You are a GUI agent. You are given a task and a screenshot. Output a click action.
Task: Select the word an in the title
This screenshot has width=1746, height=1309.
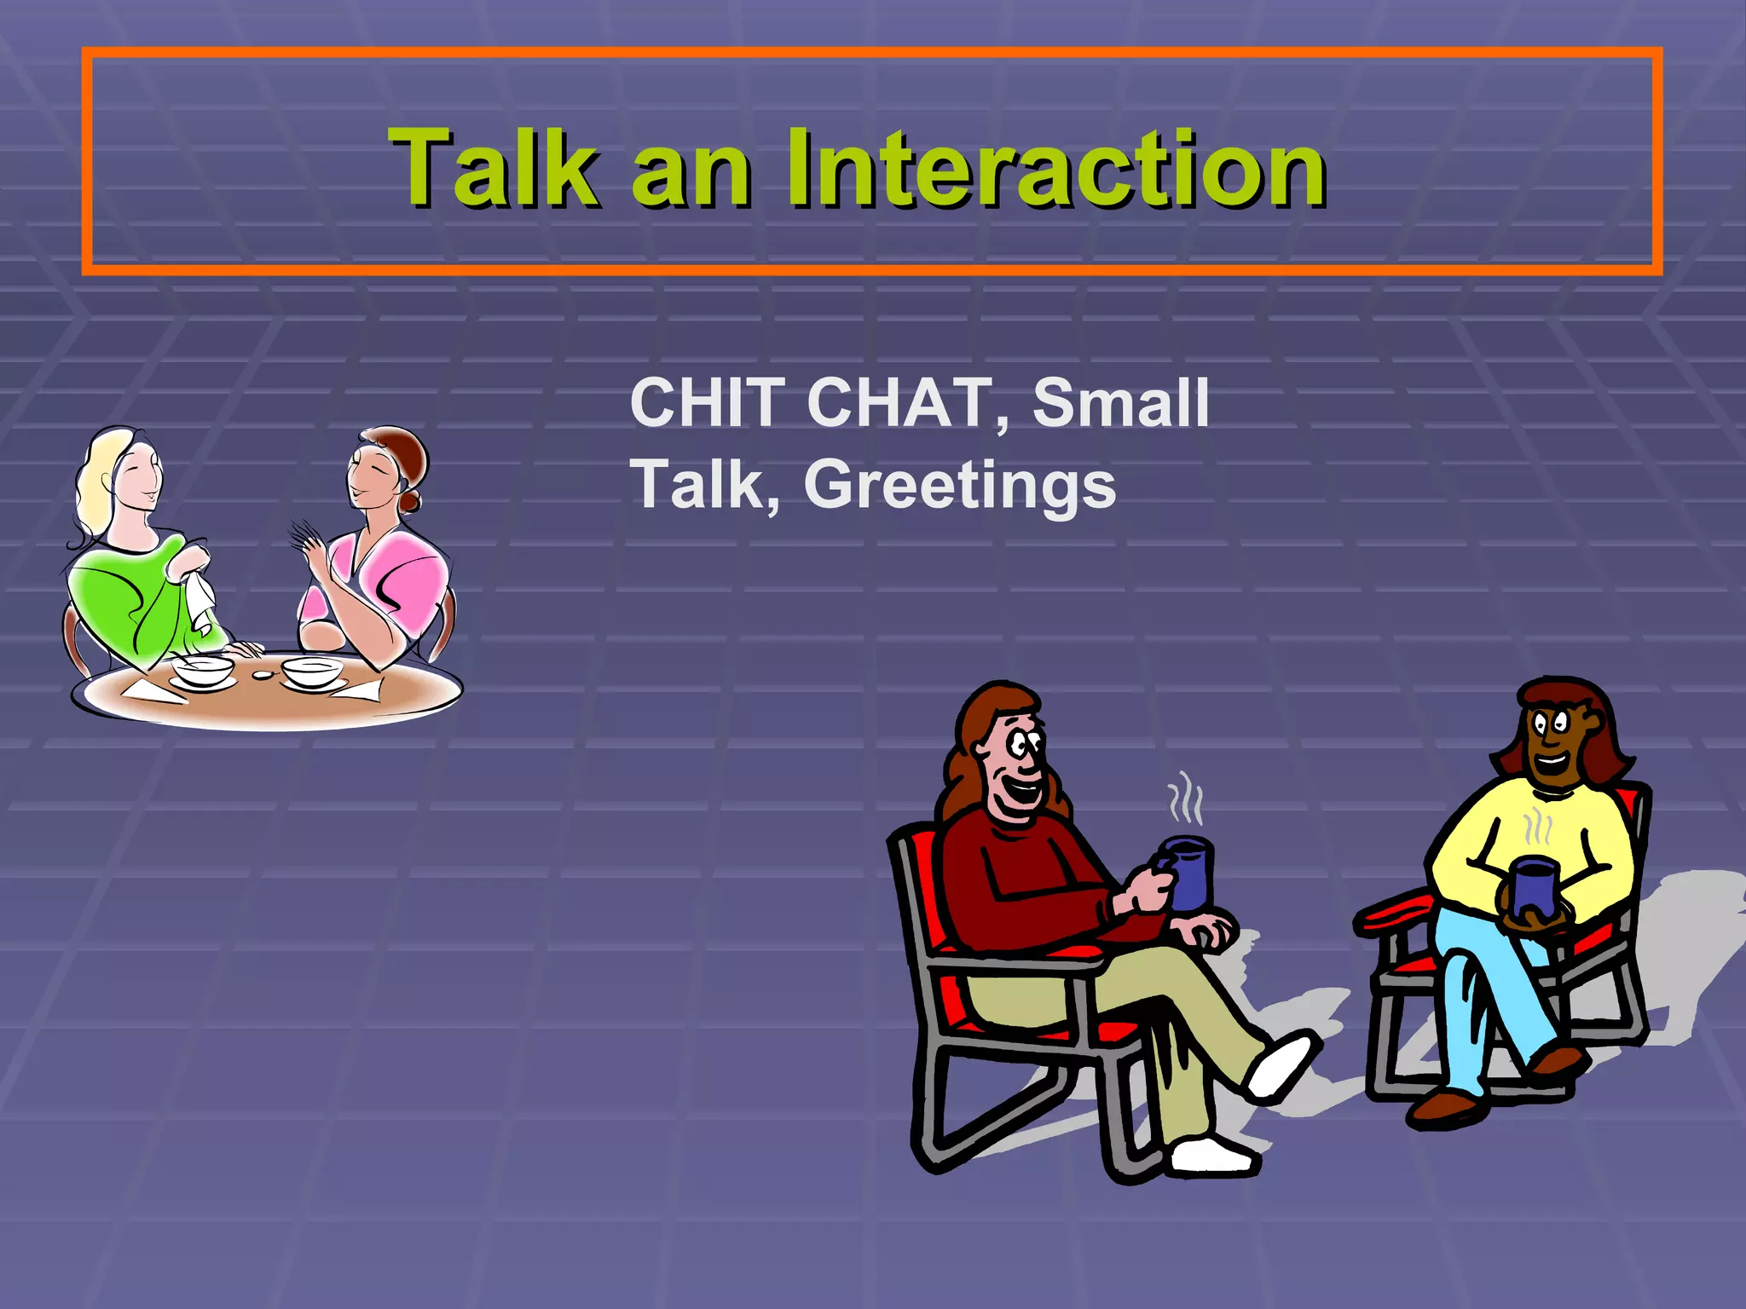[691, 175]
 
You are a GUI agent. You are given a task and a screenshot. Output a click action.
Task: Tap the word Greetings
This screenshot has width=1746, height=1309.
[959, 486]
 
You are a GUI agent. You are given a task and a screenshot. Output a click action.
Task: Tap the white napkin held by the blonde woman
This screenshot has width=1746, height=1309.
[201, 601]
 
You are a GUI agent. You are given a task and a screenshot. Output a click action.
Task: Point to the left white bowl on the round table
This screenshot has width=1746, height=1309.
[203, 671]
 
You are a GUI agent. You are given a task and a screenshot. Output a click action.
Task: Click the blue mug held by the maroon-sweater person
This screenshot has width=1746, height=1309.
[1188, 874]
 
